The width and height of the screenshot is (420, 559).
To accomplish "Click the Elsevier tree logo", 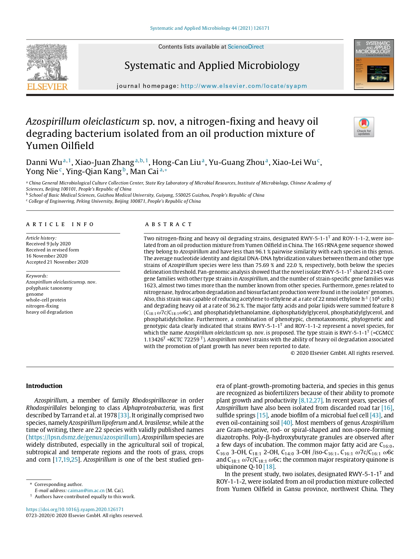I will coord(47,67).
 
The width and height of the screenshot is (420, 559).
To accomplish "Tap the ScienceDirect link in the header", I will coord(245,47).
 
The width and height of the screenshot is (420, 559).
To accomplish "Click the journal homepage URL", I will coord(244,86).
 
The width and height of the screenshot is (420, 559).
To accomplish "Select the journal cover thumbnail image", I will coord(374,65).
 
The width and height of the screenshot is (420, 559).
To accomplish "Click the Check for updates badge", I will coord(364,127).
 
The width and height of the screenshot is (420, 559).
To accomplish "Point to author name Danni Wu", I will coord(44,163).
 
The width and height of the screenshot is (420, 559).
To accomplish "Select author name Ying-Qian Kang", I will coord(93,172).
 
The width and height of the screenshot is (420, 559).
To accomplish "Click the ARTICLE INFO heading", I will coord(60,224).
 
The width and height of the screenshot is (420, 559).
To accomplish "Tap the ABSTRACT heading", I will coord(169,224).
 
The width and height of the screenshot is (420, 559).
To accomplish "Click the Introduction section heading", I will coord(44,386).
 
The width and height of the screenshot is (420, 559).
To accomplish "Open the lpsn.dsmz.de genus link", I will coord(83,437).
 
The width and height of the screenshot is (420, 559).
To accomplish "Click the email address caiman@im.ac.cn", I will coord(86,490).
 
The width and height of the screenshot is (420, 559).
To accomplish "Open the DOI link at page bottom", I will coord(75,509).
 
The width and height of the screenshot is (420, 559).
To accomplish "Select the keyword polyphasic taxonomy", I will coord(49,288).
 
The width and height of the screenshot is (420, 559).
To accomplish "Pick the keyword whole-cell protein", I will coord(46,300).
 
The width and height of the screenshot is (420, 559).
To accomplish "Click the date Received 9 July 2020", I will coord(48,244).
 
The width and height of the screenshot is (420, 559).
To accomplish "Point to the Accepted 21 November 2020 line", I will coord(57,262).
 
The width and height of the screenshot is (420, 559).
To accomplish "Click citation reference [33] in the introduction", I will coord(124,415).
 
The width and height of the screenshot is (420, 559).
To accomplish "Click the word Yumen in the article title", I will coord(42,146).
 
